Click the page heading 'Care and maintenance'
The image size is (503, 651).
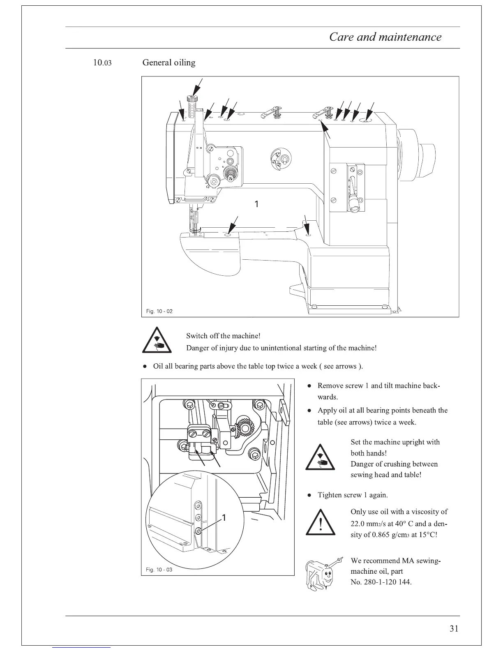pyautogui.click(x=385, y=37)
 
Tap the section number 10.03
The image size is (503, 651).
pyautogui.click(x=102, y=63)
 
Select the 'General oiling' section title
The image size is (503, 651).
pyautogui.click(x=168, y=63)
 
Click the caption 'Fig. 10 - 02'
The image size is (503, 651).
pyautogui.click(x=159, y=311)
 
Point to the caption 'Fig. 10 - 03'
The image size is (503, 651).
pyautogui.click(x=159, y=570)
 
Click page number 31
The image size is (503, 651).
pyautogui.click(x=454, y=628)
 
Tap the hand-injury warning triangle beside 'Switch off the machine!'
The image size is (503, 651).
pyautogui.click(x=156, y=341)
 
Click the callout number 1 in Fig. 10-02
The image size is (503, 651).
pyautogui.click(x=256, y=204)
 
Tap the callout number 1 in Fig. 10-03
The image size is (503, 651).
pyautogui.click(x=224, y=517)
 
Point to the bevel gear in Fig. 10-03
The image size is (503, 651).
pyautogui.click(x=244, y=428)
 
